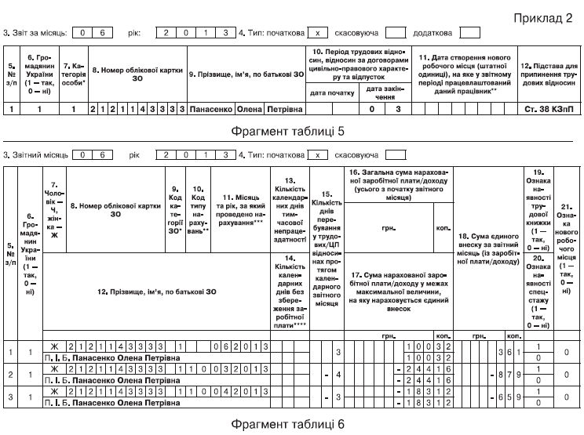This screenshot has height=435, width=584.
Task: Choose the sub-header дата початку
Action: pyautogui.click(x=331, y=92)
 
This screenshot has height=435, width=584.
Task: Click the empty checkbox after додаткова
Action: pyautogui.click(x=469, y=34)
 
